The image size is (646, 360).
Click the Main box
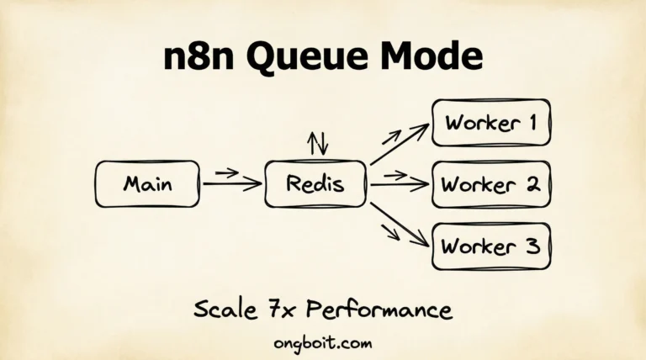point(148,183)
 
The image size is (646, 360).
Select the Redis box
point(315,183)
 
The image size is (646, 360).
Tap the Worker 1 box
point(491,123)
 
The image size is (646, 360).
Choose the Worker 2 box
point(491,183)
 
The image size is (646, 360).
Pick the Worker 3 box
point(491,246)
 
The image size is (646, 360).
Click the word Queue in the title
point(306,57)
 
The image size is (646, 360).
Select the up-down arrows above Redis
point(318,143)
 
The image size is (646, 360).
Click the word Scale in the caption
point(224,310)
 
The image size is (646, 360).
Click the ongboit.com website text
point(322,343)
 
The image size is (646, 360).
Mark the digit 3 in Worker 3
point(530,246)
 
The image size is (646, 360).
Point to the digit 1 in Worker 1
point(531,123)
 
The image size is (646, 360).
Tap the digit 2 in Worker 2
point(531,183)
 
